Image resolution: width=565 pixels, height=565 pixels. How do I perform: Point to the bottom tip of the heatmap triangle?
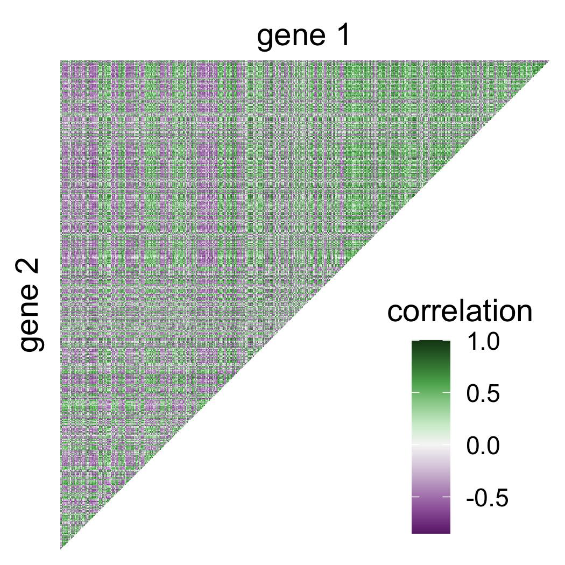pos(61,548)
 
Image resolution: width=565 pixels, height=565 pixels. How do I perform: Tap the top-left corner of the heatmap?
pos(61,62)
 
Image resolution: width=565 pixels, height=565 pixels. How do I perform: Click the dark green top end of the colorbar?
pos(430,345)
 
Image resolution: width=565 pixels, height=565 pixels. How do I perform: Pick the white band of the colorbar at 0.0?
pos(430,444)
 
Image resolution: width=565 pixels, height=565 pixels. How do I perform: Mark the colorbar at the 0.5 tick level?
pos(430,393)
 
